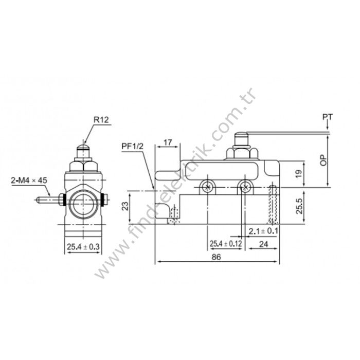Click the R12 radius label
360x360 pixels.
point(101,120)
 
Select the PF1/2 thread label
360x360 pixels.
point(132,146)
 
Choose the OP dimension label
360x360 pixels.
point(323,159)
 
